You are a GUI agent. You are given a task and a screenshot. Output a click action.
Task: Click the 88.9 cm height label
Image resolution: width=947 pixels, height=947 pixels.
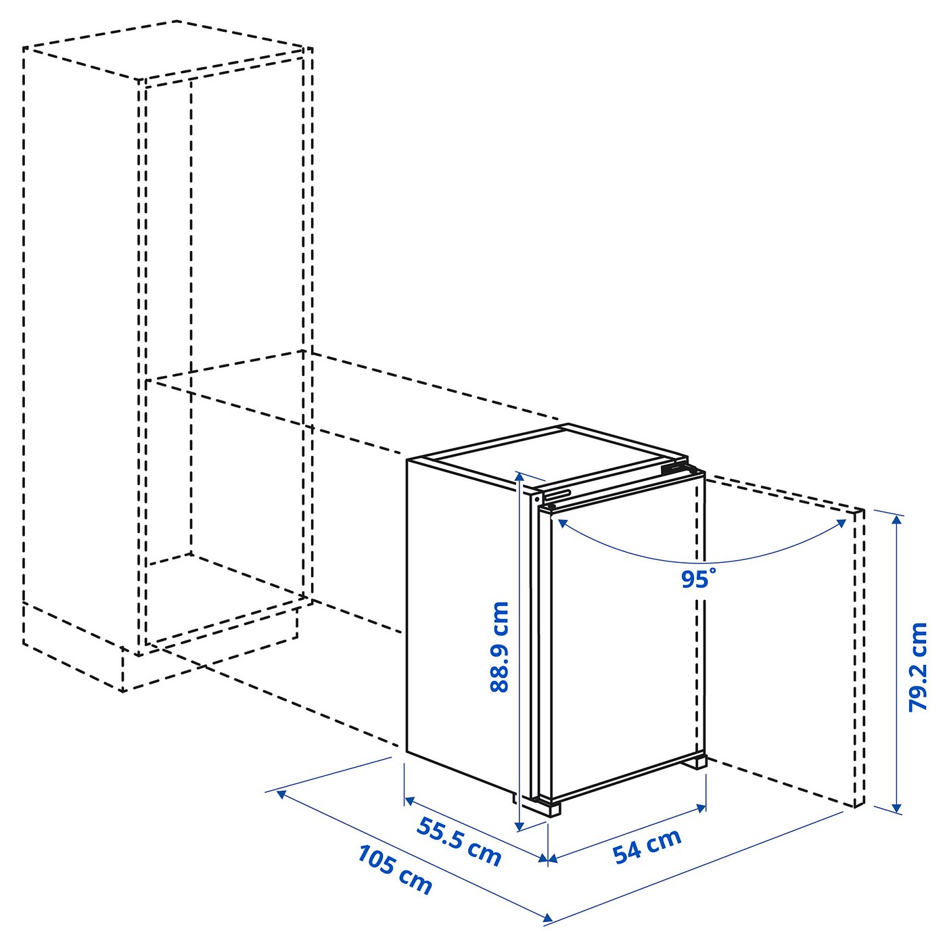coord(499,647)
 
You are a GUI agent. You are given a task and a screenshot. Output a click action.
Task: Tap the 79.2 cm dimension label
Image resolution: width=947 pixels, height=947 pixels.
coord(918,666)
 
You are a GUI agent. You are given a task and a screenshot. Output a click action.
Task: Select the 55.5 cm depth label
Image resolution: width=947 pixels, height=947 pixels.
coord(459,841)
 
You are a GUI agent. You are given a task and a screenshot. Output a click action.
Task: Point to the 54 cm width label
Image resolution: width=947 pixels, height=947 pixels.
coord(647,846)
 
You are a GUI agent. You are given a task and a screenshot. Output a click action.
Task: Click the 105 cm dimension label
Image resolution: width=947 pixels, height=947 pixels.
coord(394,869)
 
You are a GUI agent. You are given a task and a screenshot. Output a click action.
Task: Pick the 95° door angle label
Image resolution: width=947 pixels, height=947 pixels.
coord(697,579)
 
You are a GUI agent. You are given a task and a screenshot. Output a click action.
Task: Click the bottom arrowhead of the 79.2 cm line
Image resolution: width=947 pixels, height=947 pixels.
coord(897,807)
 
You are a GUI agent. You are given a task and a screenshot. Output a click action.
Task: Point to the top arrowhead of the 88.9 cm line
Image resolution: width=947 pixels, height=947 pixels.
coord(519,476)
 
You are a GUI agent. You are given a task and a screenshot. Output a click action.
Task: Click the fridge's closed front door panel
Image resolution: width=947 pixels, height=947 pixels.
coord(626,643)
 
